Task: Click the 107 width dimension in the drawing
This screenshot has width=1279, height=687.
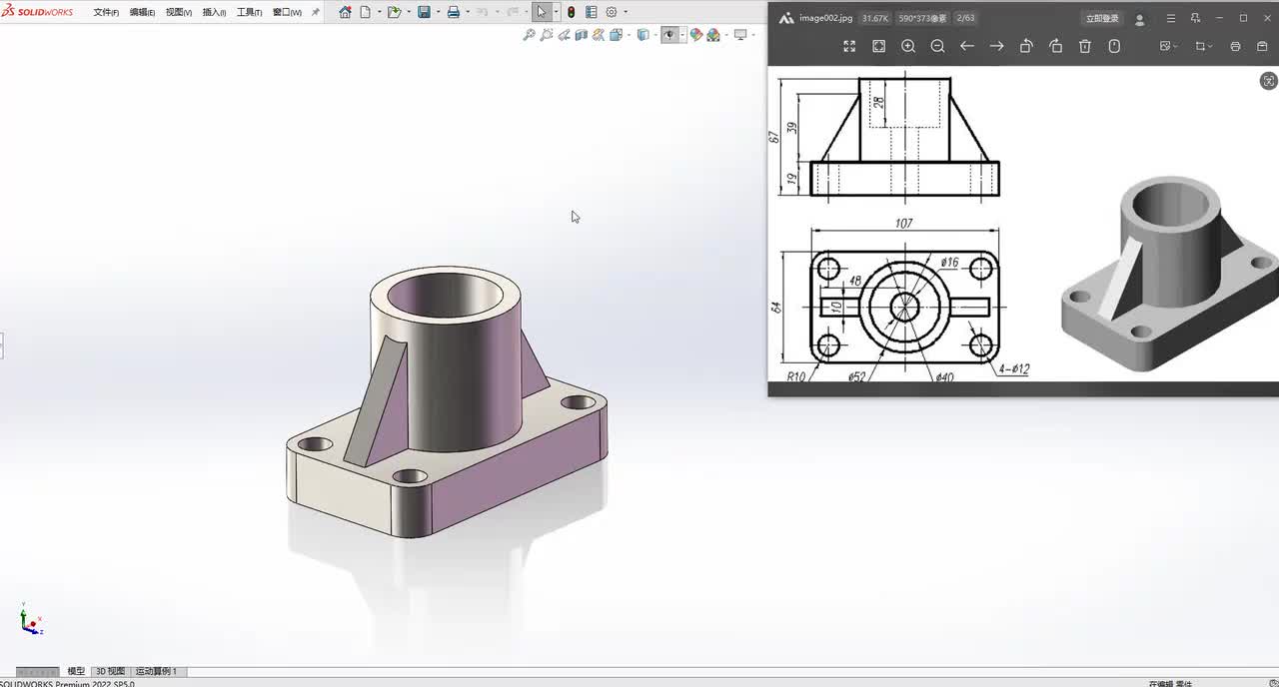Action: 903,224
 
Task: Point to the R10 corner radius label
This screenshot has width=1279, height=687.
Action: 796,376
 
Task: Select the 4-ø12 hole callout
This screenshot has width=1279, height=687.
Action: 1014,369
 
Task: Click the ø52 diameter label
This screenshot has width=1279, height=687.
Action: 856,376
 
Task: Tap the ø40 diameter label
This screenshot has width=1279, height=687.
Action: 944,376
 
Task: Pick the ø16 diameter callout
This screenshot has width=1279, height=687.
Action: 949,263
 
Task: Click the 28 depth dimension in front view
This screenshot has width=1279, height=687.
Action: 878,102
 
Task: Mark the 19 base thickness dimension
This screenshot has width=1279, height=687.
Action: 791,179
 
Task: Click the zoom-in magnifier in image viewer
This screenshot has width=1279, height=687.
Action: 908,46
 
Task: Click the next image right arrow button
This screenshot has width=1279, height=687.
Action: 996,46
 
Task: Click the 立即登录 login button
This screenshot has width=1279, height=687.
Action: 1102,18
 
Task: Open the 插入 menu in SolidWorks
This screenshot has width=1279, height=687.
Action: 214,12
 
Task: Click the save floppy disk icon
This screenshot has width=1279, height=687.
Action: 424,12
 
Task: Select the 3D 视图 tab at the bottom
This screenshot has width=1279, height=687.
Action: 110,671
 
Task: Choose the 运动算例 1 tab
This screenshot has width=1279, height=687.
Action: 156,671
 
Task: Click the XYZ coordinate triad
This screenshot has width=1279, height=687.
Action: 31,621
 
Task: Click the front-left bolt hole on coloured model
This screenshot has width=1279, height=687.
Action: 410,476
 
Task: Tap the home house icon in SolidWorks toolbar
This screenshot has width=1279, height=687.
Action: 345,12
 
